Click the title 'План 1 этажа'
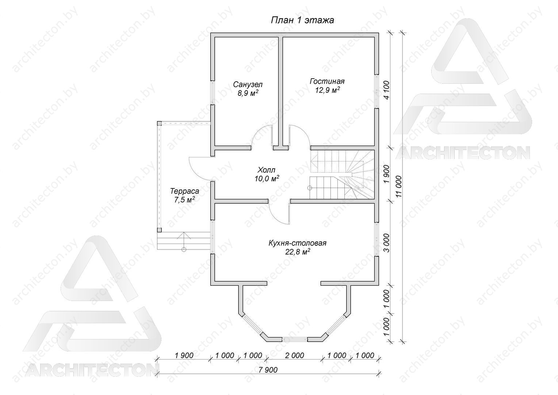point(302,20)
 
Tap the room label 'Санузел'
point(248,84)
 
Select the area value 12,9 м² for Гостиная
point(328,90)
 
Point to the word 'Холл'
point(266,170)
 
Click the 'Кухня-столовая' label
point(297,243)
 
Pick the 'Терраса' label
point(184,191)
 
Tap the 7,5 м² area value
point(184,200)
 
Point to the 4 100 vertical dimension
point(386,90)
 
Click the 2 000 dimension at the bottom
point(294,355)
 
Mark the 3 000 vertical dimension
point(386,243)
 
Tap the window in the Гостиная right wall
point(377,91)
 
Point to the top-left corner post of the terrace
point(159,123)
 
